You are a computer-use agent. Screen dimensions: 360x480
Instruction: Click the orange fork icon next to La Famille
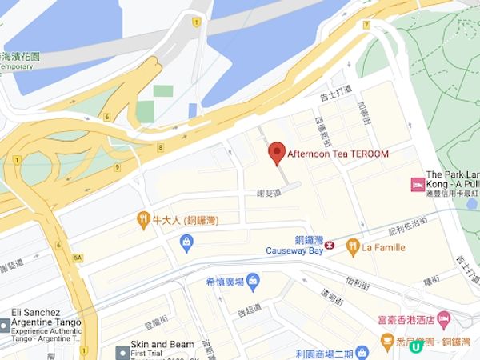point(351,247)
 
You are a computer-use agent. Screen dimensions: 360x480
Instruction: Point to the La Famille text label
point(383,247)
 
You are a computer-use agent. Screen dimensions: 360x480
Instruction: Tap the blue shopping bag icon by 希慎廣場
point(253,281)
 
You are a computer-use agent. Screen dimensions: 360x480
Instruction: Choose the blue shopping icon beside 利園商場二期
point(362,352)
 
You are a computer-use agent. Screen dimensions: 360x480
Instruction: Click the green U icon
point(414,348)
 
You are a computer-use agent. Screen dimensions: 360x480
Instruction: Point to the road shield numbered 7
point(366,25)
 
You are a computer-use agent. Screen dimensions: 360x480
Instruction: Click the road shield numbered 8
point(161,147)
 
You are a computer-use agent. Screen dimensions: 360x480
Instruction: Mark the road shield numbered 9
point(117,167)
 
